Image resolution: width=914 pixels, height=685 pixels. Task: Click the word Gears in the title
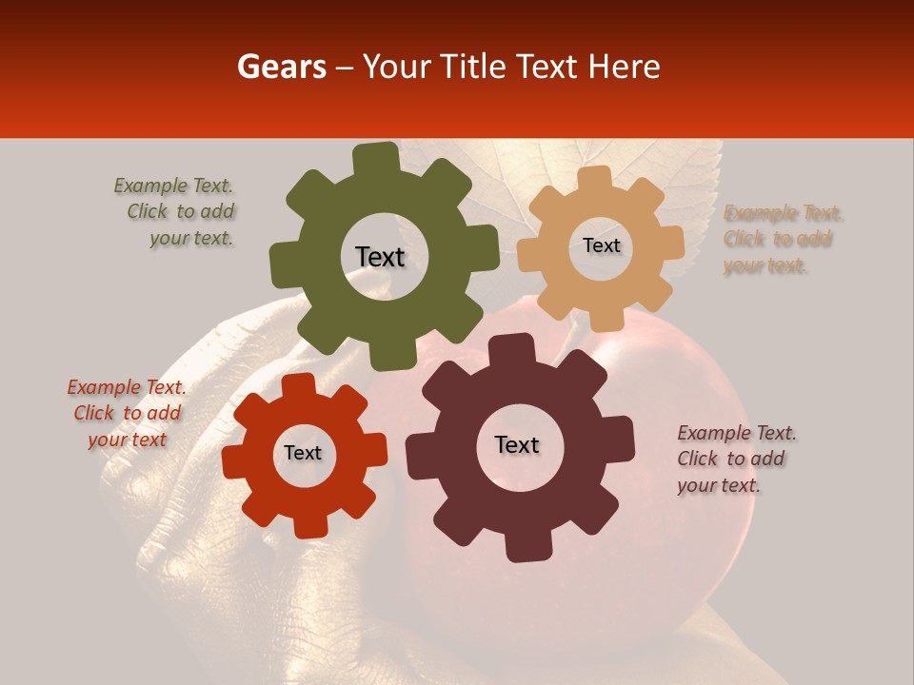pos(281,67)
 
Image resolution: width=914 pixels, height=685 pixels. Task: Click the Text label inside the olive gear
pos(380,257)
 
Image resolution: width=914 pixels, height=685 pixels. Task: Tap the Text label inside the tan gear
pos(601,245)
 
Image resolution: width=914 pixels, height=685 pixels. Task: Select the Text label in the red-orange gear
pos(303,453)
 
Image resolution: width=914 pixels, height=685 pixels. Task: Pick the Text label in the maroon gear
pos(517,444)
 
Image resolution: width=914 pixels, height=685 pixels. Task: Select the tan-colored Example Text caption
pos(783,239)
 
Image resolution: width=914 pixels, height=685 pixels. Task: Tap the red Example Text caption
pos(127,413)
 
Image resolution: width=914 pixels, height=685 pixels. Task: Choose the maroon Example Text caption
pos(736,459)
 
